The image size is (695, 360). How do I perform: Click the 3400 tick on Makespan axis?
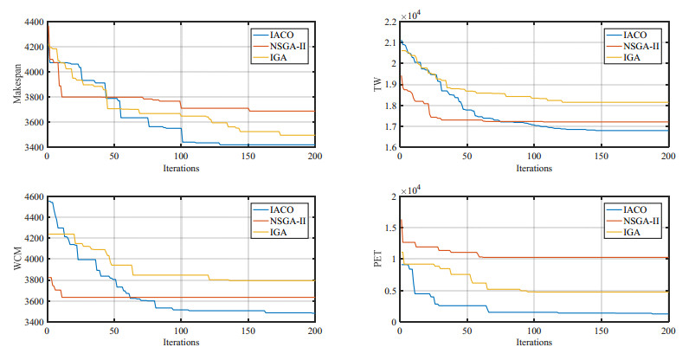[x=33, y=147]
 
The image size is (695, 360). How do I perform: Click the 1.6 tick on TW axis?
[x=388, y=147]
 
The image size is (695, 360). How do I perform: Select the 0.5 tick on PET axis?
[x=388, y=291]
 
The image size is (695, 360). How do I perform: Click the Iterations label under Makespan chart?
[x=180, y=168]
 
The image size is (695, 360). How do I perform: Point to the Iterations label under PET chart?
[x=535, y=343]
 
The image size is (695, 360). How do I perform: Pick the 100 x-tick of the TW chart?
[x=534, y=157]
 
